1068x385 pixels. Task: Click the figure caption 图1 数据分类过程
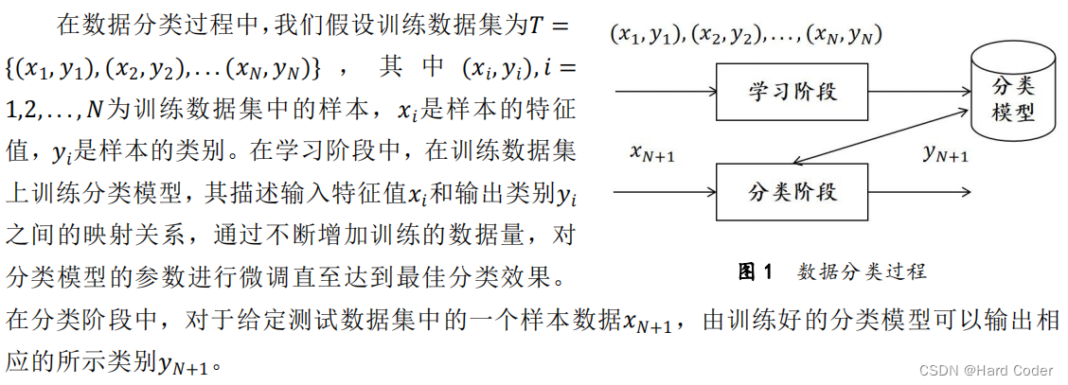832,272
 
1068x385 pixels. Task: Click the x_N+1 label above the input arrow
652,153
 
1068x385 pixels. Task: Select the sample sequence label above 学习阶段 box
746,36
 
